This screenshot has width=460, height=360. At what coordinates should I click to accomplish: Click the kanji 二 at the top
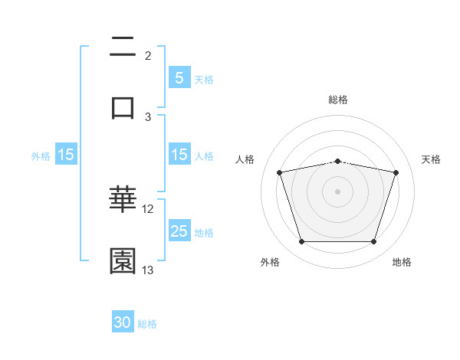click(x=123, y=47)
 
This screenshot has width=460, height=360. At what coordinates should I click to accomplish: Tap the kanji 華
click(x=123, y=201)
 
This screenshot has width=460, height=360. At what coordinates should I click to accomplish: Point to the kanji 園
click(x=123, y=261)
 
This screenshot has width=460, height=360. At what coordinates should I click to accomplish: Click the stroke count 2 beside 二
click(x=148, y=56)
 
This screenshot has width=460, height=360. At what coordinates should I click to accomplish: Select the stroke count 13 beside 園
click(x=148, y=270)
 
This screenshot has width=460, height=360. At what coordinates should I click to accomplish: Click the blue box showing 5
click(x=179, y=77)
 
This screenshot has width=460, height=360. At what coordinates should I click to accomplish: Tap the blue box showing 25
click(x=179, y=231)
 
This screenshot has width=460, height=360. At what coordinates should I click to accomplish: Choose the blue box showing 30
click(x=123, y=322)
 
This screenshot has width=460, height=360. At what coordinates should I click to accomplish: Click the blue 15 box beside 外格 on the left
click(x=65, y=155)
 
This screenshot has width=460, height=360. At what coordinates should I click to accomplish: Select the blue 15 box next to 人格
click(x=179, y=155)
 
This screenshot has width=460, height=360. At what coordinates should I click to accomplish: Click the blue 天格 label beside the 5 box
click(x=204, y=79)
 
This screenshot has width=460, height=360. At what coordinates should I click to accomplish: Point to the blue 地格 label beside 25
click(x=204, y=232)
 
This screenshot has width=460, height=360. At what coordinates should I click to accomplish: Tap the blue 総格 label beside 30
click(x=147, y=324)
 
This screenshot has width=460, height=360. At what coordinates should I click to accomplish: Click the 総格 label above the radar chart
click(x=338, y=100)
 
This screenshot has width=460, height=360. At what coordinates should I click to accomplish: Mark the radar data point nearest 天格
click(x=396, y=172)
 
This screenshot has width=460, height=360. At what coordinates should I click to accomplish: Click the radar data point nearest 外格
click(x=302, y=242)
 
